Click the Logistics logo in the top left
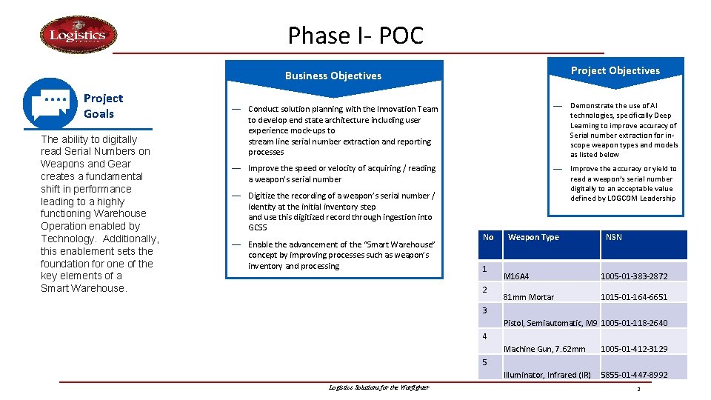click(78, 35)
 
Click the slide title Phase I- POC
click(355, 35)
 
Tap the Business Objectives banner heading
click(333, 76)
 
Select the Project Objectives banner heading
click(615, 70)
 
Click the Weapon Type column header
click(533, 237)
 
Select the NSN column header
click(614, 237)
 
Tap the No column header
click(488, 237)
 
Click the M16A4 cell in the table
click(516, 276)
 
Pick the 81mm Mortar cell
click(529, 297)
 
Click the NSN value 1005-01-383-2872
click(634, 276)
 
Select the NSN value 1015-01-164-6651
click(634, 297)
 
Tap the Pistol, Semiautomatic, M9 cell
click(550, 323)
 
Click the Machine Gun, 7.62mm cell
click(544, 349)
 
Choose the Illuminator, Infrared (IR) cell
click(547, 375)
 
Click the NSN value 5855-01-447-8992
click(634, 375)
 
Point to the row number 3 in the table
click(485, 310)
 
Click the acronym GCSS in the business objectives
click(257, 227)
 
